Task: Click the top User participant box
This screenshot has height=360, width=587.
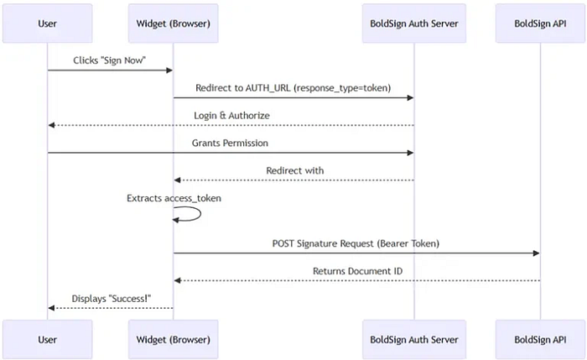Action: pyautogui.click(x=48, y=23)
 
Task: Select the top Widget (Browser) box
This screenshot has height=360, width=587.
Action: pyautogui.click(x=174, y=23)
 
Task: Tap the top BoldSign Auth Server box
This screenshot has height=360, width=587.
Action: pyautogui.click(x=414, y=23)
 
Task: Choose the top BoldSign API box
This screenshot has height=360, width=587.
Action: pyautogui.click(x=540, y=23)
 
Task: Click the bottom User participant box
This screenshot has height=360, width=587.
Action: pyautogui.click(x=48, y=339)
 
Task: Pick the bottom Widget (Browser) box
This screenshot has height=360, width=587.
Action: pyautogui.click(x=174, y=339)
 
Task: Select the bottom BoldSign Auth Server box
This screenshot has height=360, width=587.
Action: pyautogui.click(x=414, y=339)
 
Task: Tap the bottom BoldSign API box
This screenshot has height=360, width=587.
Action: pyautogui.click(x=540, y=339)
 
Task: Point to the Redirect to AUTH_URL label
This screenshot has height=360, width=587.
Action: pyautogui.click(x=293, y=87)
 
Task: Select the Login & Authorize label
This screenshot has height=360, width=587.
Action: pyautogui.click(x=231, y=114)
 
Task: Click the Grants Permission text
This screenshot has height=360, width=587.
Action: pyautogui.click(x=231, y=143)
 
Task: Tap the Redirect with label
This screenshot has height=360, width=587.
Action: pyautogui.click(x=294, y=170)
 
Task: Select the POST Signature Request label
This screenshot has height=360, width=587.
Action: pyautogui.click(x=356, y=243)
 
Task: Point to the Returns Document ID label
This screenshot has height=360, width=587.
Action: pyautogui.click(x=356, y=271)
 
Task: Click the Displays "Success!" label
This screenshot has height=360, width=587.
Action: pyautogui.click(x=110, y=298)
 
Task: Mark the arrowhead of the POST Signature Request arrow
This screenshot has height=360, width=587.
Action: pyautogui.click(x=535, y=253)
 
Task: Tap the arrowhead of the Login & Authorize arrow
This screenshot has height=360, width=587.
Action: pyautogui.click(x=52, y=125)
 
